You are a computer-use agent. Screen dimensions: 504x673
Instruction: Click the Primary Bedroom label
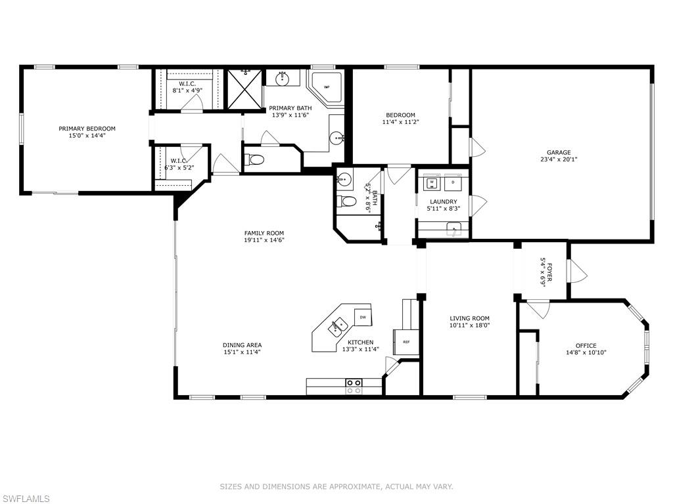coord(87,129)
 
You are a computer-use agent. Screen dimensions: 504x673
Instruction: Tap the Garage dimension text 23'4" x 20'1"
coord(559,159)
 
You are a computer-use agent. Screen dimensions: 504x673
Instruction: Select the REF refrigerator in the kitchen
coord(406,342)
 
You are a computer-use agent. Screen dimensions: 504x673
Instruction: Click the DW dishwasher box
coord(362,317)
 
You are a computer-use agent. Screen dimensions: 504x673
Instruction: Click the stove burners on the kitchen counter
coord(354,386)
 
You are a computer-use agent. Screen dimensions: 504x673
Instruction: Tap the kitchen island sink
coord(339,325)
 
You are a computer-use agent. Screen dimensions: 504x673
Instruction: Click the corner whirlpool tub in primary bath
coord(325,87)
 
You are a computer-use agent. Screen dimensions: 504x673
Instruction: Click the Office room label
coord(586,346)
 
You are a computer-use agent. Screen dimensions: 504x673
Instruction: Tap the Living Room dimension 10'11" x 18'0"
coord(469,325)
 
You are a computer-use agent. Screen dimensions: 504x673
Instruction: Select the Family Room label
coord(264,233)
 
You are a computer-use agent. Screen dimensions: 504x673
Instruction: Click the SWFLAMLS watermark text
coord(25,499)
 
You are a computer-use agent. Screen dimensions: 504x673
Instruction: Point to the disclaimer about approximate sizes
coord(336,486)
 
